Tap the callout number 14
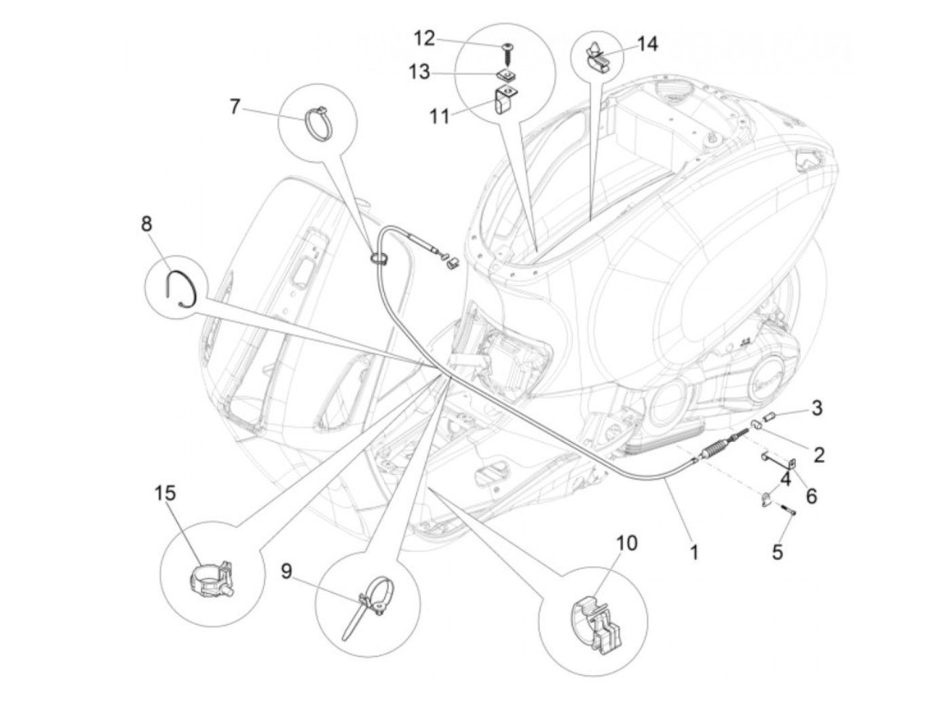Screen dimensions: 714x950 (x=647, y=44)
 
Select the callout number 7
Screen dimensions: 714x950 (x=235, y=107)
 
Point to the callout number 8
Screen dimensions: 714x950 (x=147, y=223)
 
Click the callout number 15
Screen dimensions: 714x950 (x=165, y=493)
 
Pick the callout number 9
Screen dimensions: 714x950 (x=286, y=571)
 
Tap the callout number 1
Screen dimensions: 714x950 (x=693, y=552)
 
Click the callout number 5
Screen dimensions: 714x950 (x=778, y=552)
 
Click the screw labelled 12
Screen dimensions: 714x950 (x=507, y=48)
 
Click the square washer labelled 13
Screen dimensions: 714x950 (x=504, y=73)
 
